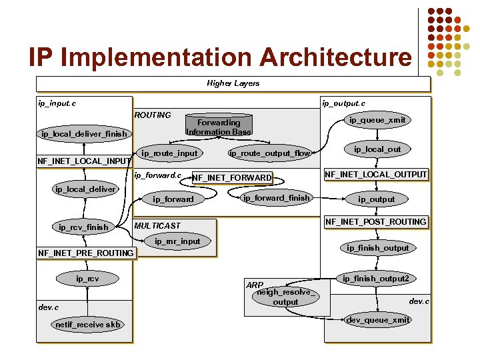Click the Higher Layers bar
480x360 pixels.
[x=233, y=84]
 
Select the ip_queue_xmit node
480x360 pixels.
[x=377, y=120]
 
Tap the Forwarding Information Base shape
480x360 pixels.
[x=219, y=127]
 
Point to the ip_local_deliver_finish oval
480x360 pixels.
[x=83, y=135]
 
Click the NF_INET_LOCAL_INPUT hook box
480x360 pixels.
[x=84, y=161]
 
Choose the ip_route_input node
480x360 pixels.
[x=170, y=153]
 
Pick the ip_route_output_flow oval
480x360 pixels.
[x=270, y=153]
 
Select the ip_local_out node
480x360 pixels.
[x=377, y=149]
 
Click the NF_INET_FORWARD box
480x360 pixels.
[x=232, y=177]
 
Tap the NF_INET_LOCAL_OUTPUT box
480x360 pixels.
[x=375, y=175]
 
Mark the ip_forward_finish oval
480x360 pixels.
[x=276, y=198]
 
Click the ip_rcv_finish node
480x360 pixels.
[x=83, y=227]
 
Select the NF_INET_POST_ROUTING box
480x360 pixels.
[x=375, y=221]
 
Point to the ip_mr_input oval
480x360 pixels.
[x=177, y=241]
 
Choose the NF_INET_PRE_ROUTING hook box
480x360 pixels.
[x=86, y=253]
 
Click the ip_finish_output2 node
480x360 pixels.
[x=376, y=278]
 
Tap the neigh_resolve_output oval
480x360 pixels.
[x=285, y=297]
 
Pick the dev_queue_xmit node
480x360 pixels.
[x=378, y=320]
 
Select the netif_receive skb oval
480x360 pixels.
[x=88, y=325]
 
